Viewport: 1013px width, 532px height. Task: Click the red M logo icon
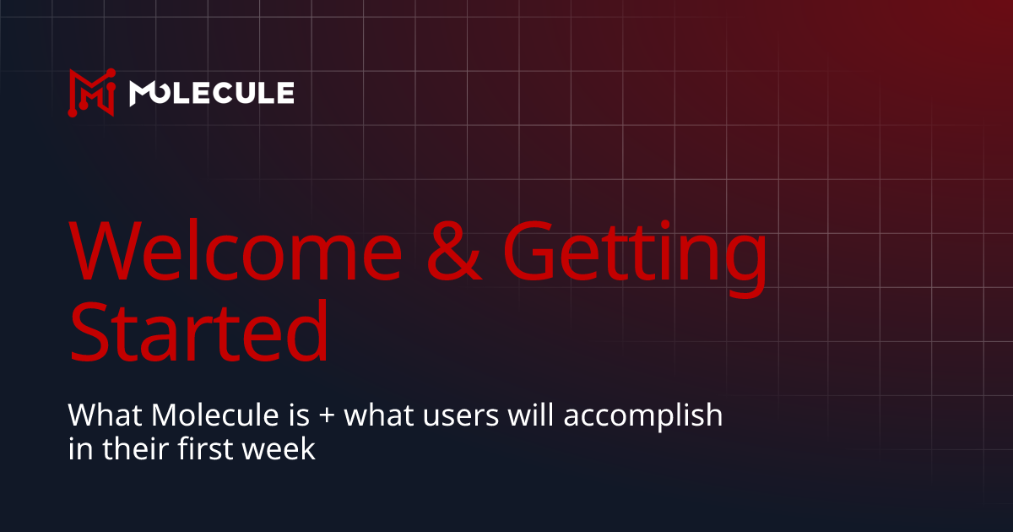point(91,91)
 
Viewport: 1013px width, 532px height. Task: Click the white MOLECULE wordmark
point(211,92)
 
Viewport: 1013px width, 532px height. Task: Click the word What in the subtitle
point(96,415)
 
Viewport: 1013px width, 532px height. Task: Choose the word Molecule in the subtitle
point(191,415)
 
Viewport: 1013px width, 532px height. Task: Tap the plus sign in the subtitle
point(322,417)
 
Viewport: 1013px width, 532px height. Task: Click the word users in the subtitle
point(458,417)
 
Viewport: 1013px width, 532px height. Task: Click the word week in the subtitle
point(286,448)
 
